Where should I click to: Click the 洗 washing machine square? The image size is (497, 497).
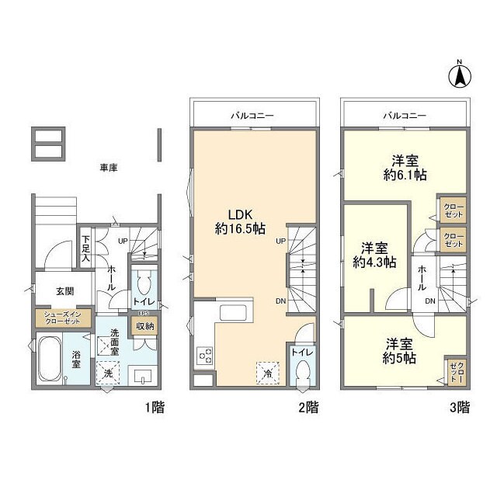pyautogui.click(x=108, y=373)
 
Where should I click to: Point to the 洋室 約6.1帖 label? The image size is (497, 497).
pyautogui.click(x=404, y=169)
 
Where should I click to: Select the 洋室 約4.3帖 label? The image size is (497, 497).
pyautogui.click(x=374, y=255)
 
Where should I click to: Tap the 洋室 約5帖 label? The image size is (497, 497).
pyautogui.click(x=398, y=350)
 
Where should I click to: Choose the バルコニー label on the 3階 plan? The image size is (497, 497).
pyautogui.click(x=404, y=115)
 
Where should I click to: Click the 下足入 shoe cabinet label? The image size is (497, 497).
pyautogui.click(x=86, y=248)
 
